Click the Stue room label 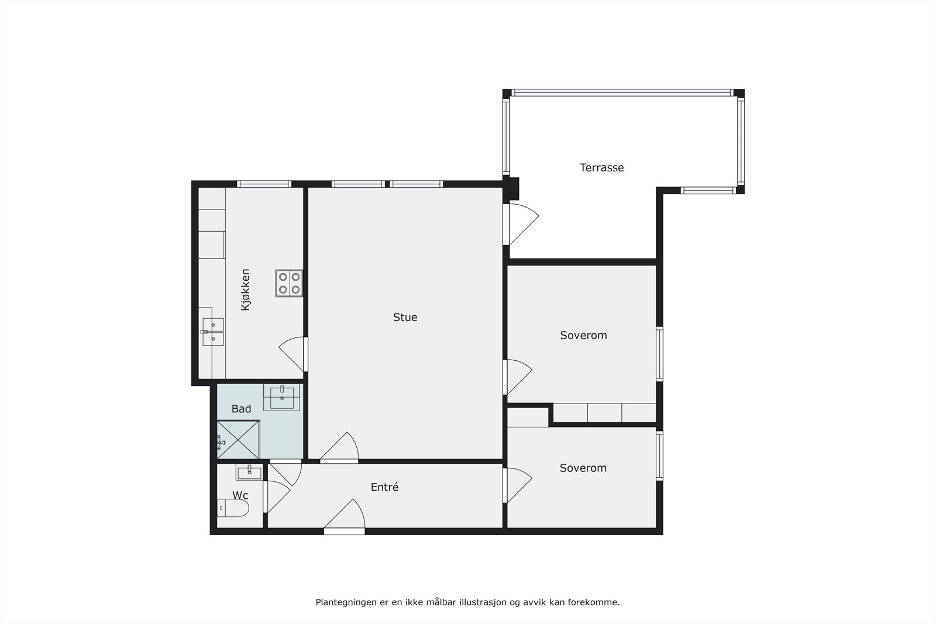point(405,318)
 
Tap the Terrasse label point(601,168)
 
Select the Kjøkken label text point(246,289)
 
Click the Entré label point(384,487)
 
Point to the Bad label point(241,409)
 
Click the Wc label point(240,496)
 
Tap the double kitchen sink point(213,332)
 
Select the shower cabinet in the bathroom point(238,440)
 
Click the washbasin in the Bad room point(282,397)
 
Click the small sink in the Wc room point(249,471)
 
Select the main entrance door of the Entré point(345,517)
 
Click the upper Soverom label point(583,336)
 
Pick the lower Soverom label point(583,468)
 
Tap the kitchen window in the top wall point(264,184)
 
